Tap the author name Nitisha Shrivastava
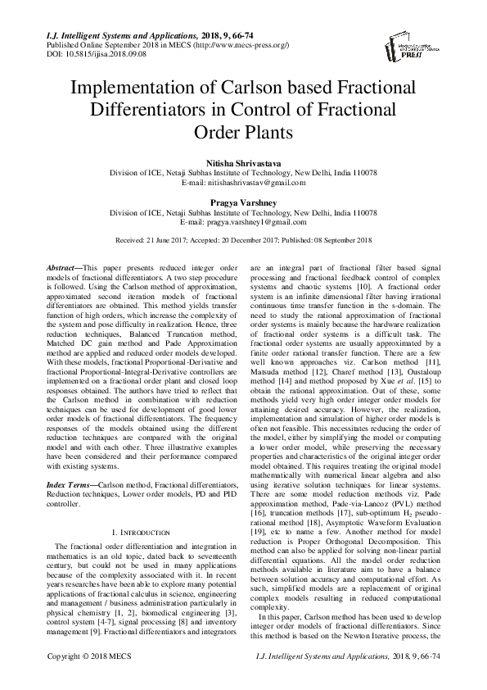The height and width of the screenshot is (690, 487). point(243,164)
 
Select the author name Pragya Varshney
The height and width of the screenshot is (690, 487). point(243,201)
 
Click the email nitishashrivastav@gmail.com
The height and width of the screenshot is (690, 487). point(254,184)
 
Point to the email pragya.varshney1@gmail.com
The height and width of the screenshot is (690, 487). point(254,221)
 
